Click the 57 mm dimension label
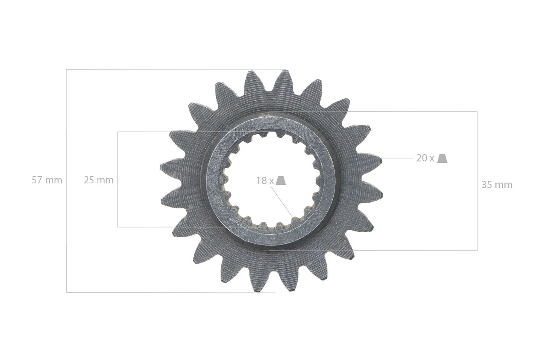pyautogui.click(x=47, y=180)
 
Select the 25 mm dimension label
pyautogui.click(x=98, y=180)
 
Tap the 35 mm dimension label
pyautogui.click(x=497, y=185)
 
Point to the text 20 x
pyautogui.click(x=425, y=158)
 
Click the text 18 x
pyautogui.click(x=265, y=181)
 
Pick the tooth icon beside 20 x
pyautogui.click(x=443, y=159)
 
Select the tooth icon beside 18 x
pyautogui.click(x=281, y=181)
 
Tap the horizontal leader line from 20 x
pyautogui.click(x=398, y=159)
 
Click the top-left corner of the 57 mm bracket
pyautogui.click(x=67, y=69)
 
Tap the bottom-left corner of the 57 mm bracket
pyautogui.click(x=67, y=292)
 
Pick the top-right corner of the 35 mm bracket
pyautogui.click(x=477, y=111)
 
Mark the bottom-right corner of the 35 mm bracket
pyautogui.click(x=477, y=250)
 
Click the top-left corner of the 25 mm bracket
pyautogui.click(x=117, y=132)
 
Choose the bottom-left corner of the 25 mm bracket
pyautogui.click(x=117, y=227)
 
